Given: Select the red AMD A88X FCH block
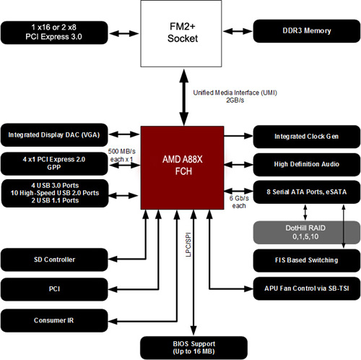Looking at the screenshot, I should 182,167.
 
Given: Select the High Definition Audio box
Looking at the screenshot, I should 305,164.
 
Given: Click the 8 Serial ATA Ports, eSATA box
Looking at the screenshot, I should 305,193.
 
